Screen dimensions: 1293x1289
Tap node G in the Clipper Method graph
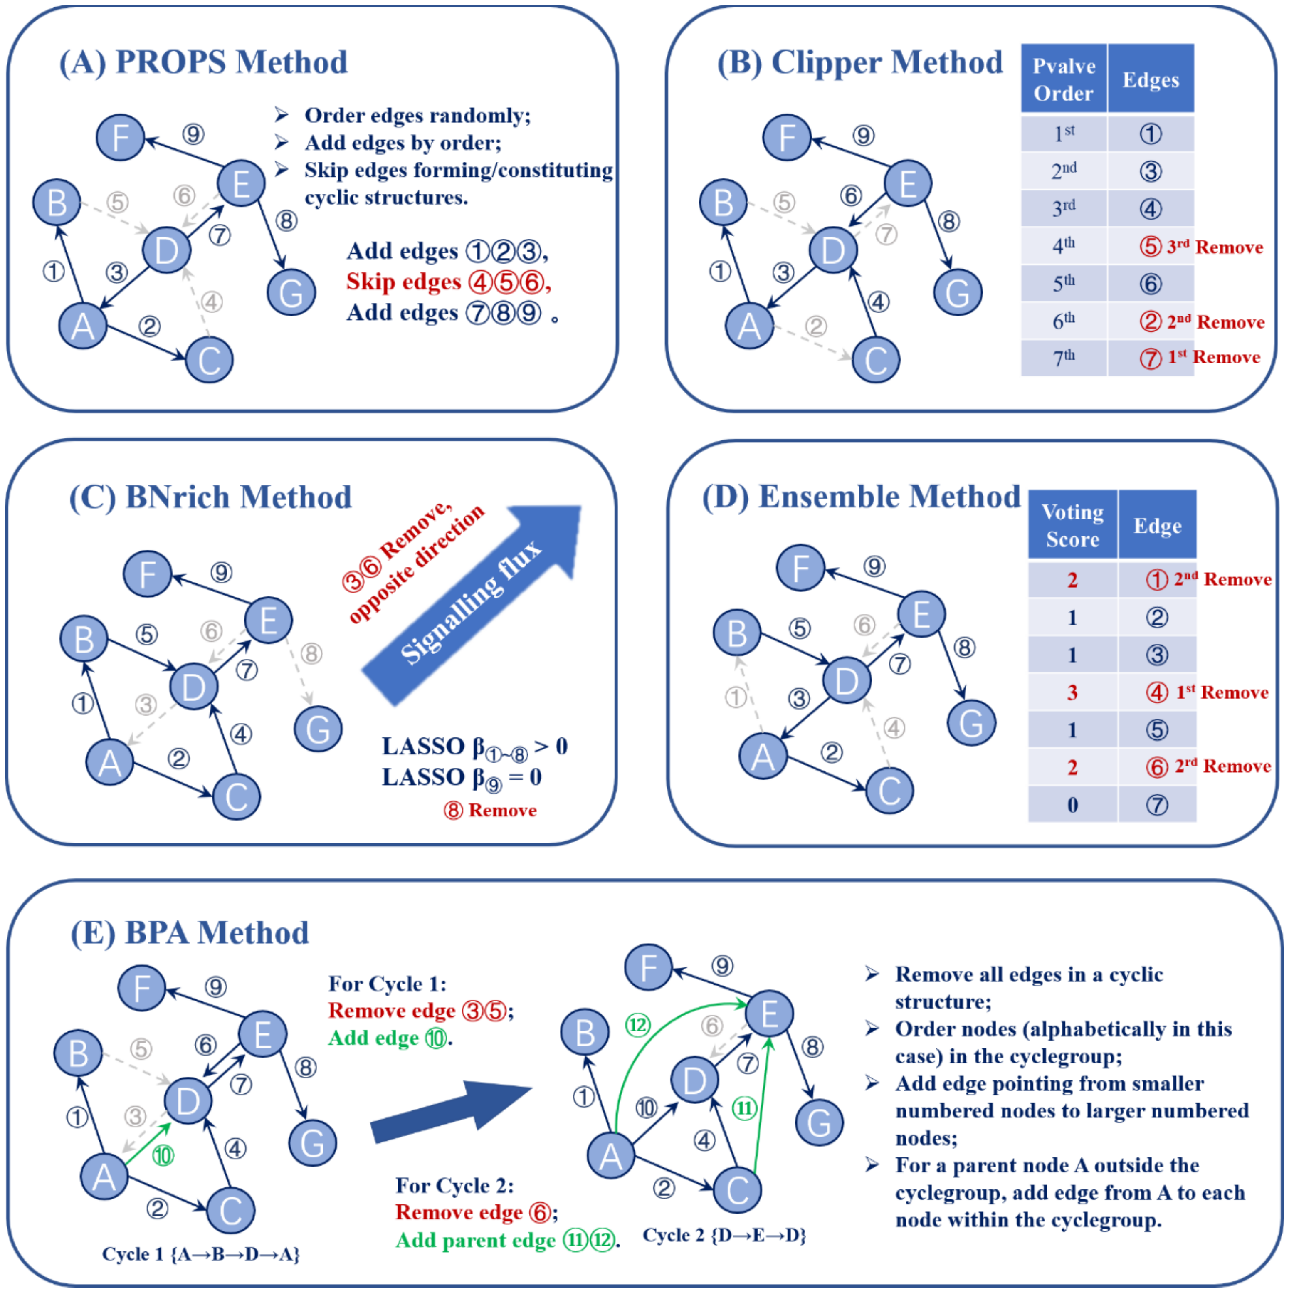tap(957, 292)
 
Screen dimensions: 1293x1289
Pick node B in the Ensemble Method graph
tap(736, 633)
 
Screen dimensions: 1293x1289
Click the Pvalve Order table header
tap(1064, 79)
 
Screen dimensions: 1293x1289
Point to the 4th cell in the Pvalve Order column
tap(1064, 246)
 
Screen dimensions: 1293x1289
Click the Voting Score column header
tap(1072, 525)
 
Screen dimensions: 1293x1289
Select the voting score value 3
tap(1072, 692)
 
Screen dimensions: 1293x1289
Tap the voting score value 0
tap(1072, 804)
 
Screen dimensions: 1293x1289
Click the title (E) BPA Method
tap(190, 932)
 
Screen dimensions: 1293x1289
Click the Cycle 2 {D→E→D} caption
tap(724, 1235)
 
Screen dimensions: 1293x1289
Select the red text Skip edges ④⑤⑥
tap(448, 282)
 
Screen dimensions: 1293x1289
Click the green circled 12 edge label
tap(638, 1025)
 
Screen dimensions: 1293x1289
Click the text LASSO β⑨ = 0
tap(461, 778)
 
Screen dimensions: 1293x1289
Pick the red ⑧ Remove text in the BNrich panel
tap(490, 811)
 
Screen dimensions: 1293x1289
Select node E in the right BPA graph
tap(769, 1013)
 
